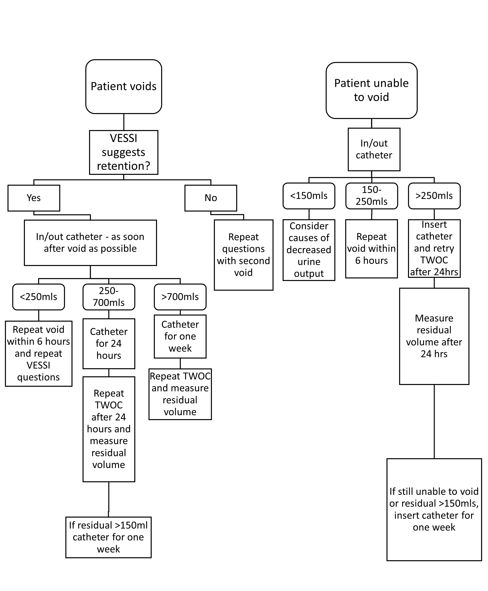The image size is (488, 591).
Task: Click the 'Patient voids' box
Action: click(x=123, y=86)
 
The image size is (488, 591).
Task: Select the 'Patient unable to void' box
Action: click(x=371, y=90)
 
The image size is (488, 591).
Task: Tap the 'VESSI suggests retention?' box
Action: click(x=123, y=152)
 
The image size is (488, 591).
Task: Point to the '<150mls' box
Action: click(x=309, y=196)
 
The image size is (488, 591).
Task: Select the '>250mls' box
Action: click(x=434, y=196)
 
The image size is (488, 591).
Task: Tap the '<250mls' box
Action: click(x=39, y=297)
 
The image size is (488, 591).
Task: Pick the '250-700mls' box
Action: click(x=109, y=297)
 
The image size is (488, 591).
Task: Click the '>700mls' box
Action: click(x=180, y=297)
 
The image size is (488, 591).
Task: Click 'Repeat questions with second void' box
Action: click(x=244, y=255)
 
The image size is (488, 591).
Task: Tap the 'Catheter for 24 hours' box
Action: click(x=109, y=344)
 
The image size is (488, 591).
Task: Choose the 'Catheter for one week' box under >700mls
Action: click(x=180, y=336)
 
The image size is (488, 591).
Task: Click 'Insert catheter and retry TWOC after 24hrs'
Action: click(x=434, y=248)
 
